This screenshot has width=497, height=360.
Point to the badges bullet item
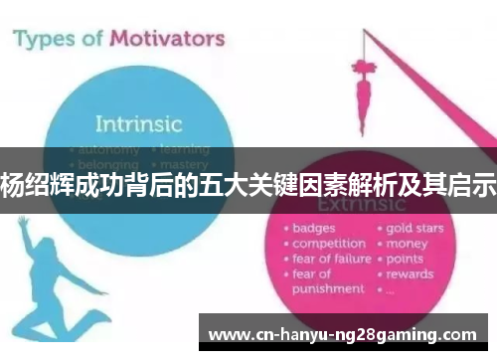[314, 229]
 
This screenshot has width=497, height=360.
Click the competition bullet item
[329, 244]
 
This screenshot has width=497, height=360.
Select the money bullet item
[407, 244]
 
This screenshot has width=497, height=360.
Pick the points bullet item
[406, 259]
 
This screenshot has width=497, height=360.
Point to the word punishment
[328, 288]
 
